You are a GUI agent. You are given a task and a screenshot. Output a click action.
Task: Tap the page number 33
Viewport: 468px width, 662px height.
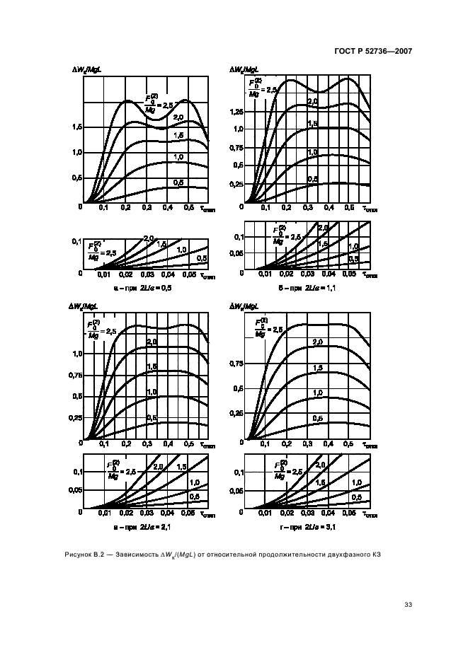point(408,605)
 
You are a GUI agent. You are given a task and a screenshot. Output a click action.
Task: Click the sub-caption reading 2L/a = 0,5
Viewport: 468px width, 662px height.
point(155,289)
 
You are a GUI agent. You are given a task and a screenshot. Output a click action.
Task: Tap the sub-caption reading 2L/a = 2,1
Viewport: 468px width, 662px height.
point(155,527)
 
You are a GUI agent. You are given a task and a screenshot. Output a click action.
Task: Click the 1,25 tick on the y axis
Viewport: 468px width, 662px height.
point(237,112)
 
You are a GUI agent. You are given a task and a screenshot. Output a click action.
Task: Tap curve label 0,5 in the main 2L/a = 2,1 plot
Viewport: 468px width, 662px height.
point(152,419)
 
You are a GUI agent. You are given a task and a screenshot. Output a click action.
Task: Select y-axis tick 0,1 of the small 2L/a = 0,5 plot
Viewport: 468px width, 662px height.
point(75,242)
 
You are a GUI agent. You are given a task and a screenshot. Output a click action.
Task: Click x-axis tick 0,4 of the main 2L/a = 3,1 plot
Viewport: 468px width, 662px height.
point(328,445)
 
